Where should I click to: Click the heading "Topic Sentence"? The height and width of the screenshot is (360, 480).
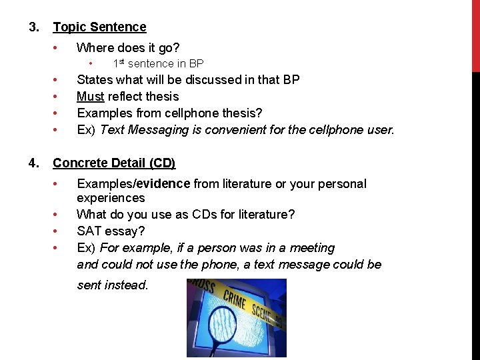[99, 27]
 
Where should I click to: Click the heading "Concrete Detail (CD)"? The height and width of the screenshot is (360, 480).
[114, 163]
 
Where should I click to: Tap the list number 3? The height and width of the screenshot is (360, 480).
[33, 27]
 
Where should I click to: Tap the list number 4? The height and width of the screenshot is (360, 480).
[33, 163]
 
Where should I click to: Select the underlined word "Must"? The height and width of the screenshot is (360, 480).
[90, 97]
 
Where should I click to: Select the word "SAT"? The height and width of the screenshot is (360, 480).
[89, 231]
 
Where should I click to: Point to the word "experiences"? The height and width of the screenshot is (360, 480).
[111, 198]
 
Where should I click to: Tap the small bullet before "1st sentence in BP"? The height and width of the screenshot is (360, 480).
[92, 64]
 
